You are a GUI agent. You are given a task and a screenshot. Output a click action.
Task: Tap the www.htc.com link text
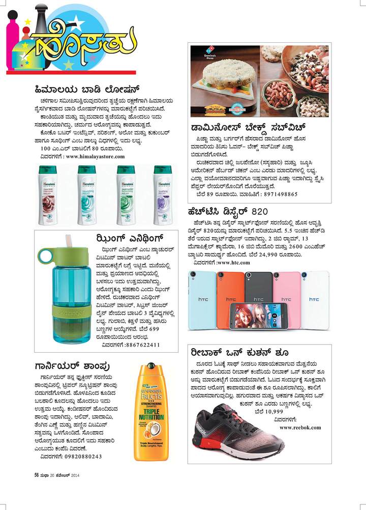click(x=233, y=263)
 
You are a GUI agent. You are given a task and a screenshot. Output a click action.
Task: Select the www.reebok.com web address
click(x=300, y=427)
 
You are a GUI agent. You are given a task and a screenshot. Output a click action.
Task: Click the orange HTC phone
click(x=230, y=298)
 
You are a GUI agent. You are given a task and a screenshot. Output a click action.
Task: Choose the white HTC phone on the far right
click(x=315, y=300)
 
